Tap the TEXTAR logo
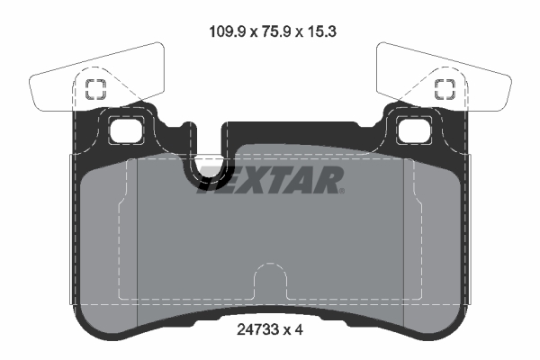click(270, 180)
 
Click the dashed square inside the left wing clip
click(94, 88)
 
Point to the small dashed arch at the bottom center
click(269, 279)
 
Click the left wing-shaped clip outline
click(63, 85)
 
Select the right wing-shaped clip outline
click(477, 85)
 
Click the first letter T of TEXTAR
click(211, 180)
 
